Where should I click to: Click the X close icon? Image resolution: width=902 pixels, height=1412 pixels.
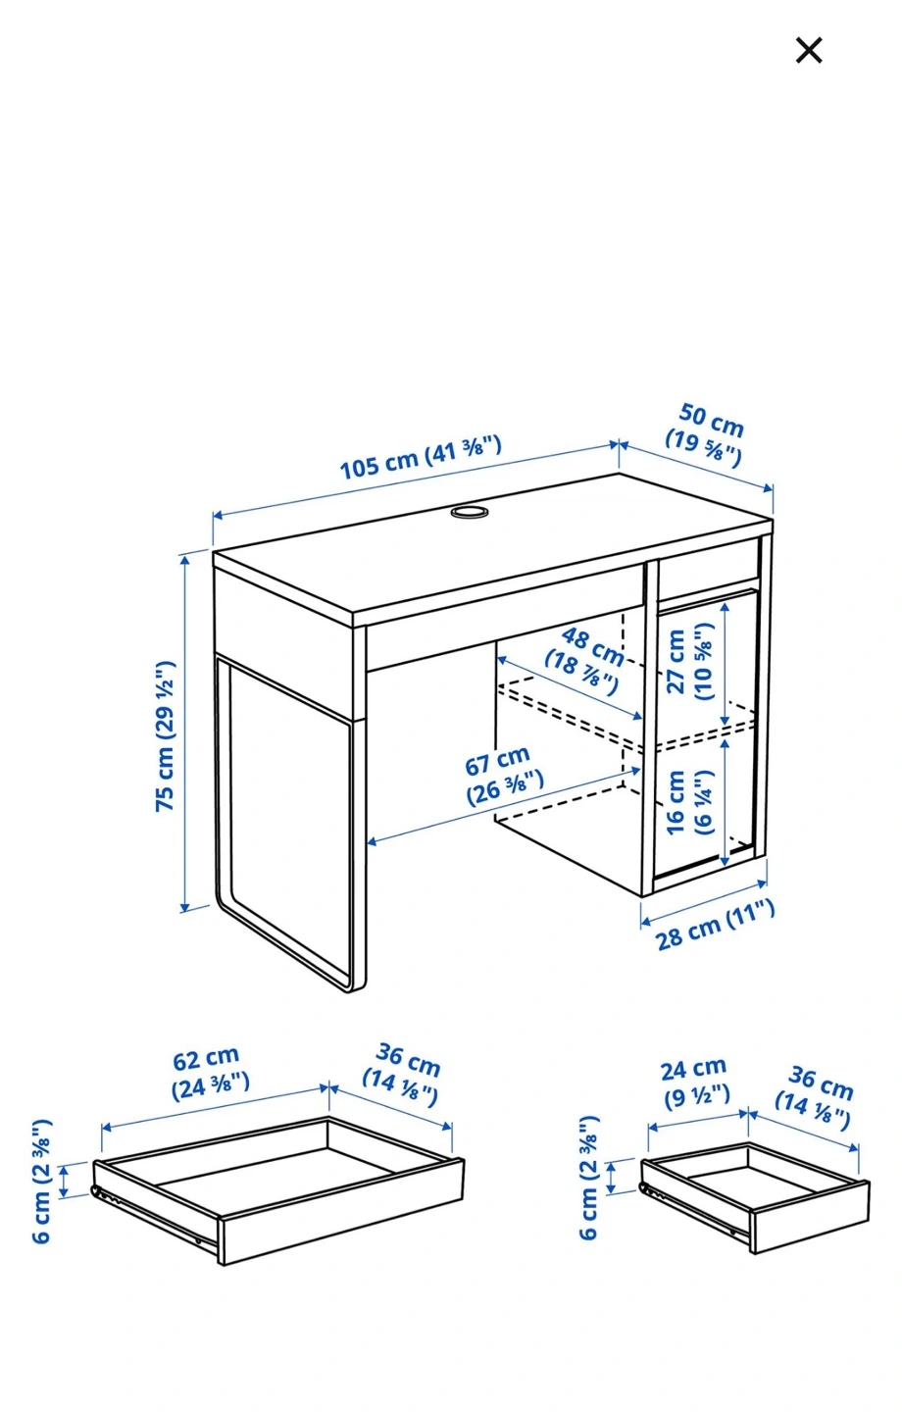click(808, 50)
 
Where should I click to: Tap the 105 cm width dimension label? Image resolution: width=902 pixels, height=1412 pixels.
click(421, 456)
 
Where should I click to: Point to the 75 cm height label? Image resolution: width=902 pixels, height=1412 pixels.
click(165, 735)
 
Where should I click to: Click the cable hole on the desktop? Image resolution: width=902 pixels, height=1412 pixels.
click(469, 511)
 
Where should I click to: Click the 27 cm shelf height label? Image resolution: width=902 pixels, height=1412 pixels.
click(689, 661)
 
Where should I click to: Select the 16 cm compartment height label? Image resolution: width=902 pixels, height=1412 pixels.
click(689, 802)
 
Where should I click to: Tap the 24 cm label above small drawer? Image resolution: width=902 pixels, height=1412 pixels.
click(695, 1084)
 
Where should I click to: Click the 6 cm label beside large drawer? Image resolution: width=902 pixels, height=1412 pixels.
click(41, 1182)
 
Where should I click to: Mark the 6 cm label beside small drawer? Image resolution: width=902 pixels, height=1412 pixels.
click(588, 1179)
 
